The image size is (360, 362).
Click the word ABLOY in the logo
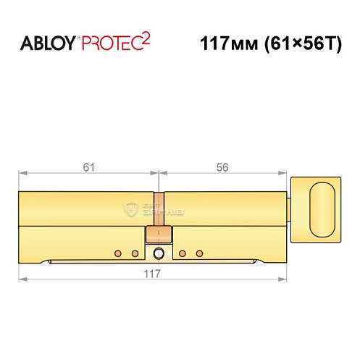tap(48, 43)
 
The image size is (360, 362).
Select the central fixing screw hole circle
tap(159, 253)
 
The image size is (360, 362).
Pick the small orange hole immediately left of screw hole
tap(135, 253)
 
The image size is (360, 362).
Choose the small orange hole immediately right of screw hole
tap(183, 253)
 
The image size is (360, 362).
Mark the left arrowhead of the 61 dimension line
tap(22, 173)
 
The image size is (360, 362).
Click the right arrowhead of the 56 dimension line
tap(283, 173)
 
